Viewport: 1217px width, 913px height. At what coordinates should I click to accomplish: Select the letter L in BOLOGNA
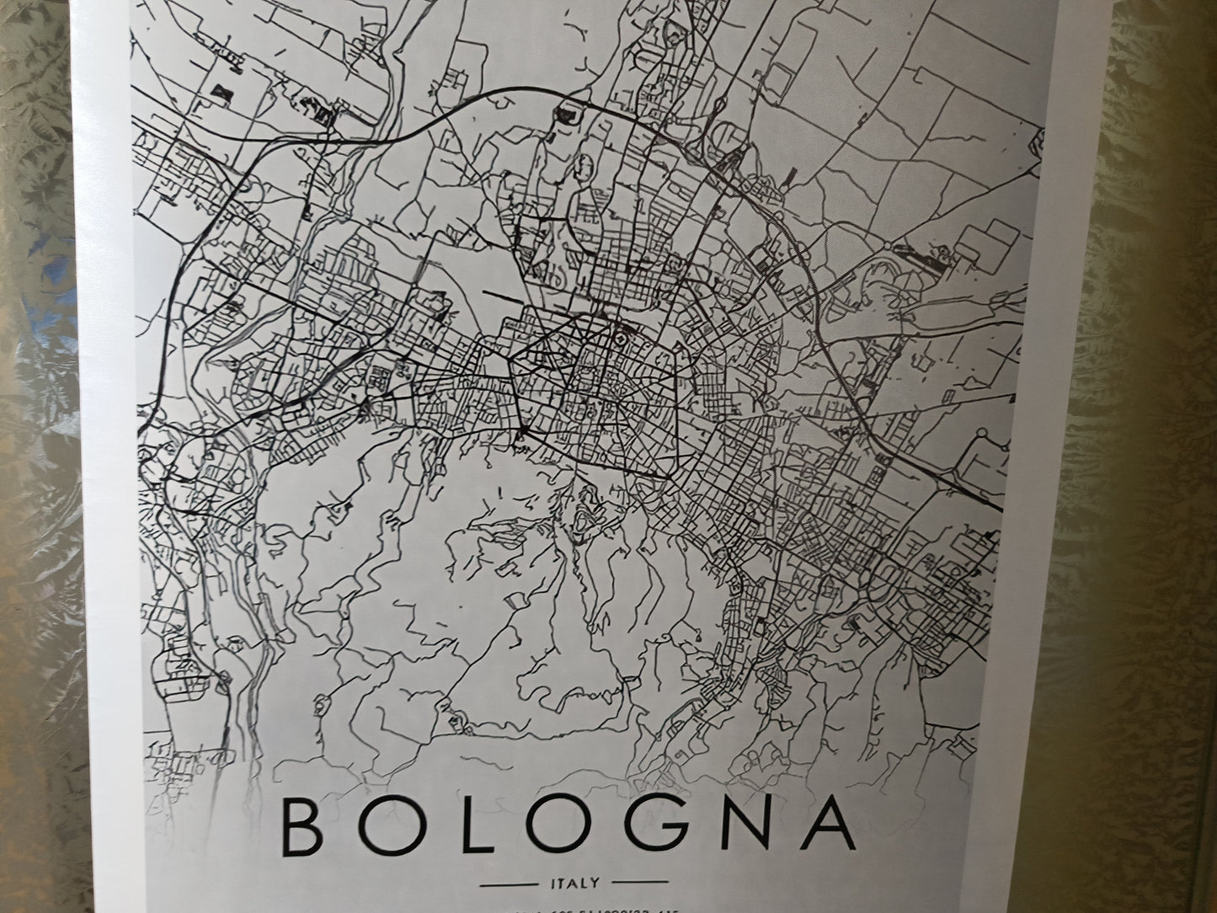point(456,824)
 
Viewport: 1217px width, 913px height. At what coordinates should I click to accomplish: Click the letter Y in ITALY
point(595,884)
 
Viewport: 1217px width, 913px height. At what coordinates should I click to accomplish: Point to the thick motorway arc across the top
point(472,99)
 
